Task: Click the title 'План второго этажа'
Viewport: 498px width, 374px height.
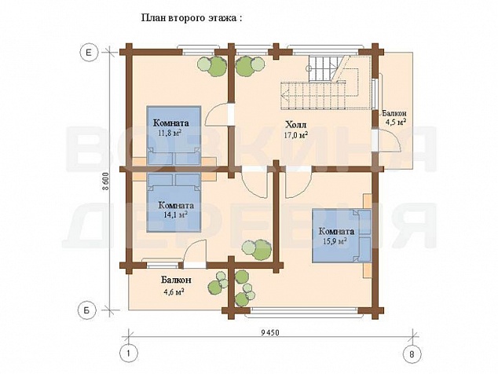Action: (189, 18)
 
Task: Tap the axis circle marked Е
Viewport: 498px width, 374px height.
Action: (89, 52)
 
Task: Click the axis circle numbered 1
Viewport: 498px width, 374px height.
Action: (128, 354)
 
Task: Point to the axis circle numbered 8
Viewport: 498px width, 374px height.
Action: (412, 354)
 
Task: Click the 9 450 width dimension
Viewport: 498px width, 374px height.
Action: (269, 332)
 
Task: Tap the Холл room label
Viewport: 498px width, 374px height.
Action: (295, 124)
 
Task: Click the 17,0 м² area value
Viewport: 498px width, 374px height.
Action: (295, 134)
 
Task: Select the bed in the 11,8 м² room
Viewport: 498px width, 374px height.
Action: (174, 135)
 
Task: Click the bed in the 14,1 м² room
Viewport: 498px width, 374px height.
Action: (174, 203)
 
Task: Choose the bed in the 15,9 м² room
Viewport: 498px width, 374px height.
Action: (342, 236)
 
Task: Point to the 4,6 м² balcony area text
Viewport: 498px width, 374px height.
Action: (173, 291)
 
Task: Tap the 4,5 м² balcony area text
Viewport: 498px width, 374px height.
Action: (395, 122)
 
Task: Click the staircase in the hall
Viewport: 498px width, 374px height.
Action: (320, 82)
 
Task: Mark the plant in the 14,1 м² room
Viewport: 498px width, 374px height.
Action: (257, 248)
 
